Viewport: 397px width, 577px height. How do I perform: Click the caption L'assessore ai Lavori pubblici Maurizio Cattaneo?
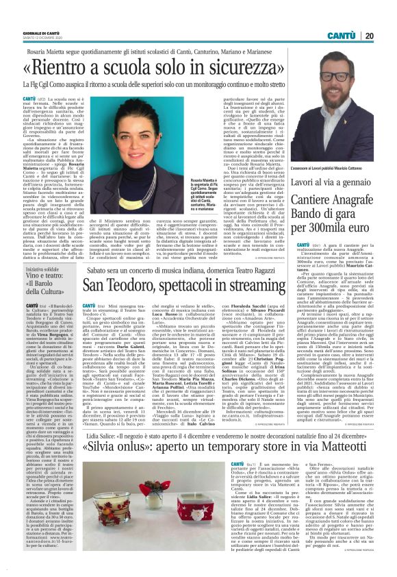333,167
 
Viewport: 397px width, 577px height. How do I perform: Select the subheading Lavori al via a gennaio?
336,181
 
